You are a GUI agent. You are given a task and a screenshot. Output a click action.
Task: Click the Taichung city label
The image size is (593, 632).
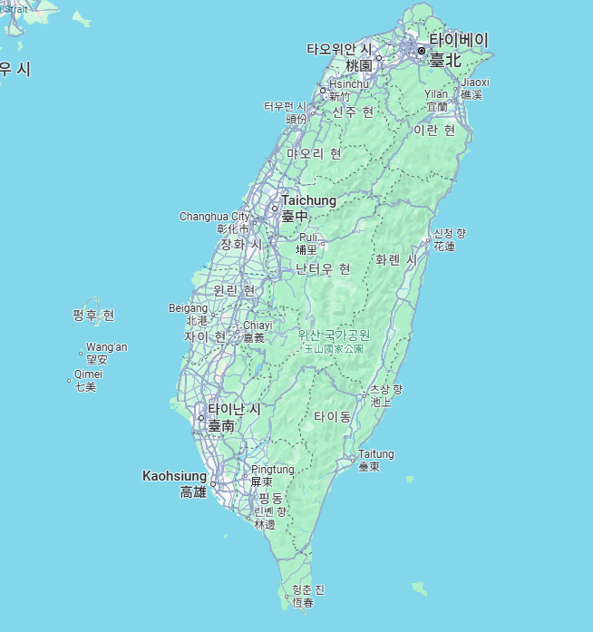click(308, 200)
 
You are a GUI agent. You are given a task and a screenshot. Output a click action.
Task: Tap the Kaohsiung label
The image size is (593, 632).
click(175, 475)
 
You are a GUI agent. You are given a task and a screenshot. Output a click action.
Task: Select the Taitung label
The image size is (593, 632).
click(376, 454)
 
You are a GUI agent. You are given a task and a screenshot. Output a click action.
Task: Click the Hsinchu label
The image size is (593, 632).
click(349, 84)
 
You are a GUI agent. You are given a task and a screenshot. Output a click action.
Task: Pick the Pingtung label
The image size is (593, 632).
click(273, 470)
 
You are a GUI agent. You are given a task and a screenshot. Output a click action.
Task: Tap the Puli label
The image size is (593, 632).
click(308, 238)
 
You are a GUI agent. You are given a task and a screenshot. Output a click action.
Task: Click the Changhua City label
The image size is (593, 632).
click(214, 217)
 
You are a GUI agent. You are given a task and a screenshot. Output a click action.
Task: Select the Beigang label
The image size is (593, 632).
click(188, 308)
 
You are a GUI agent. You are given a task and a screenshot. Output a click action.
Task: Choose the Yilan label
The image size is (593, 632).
click(436, 94)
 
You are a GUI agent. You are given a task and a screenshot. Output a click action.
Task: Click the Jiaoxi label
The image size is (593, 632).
click(475, 83)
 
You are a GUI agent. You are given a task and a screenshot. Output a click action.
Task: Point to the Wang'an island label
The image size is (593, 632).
click(107, 347)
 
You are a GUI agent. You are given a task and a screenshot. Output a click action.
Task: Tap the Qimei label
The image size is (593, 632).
click(89, 374)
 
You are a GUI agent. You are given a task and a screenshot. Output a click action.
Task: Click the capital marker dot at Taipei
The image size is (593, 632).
click(422, 51)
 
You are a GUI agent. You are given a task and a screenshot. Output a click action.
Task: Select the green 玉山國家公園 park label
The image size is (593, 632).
click(334, 348)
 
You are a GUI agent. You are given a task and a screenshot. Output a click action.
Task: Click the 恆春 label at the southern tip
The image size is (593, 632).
click(303, 603)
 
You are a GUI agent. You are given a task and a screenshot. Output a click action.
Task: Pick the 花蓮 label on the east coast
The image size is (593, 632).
click(444, 247)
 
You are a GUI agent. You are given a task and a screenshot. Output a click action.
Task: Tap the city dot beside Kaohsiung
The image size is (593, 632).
click(213, 484)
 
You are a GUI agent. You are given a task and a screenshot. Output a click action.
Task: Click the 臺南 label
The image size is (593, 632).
click(221, 425)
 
